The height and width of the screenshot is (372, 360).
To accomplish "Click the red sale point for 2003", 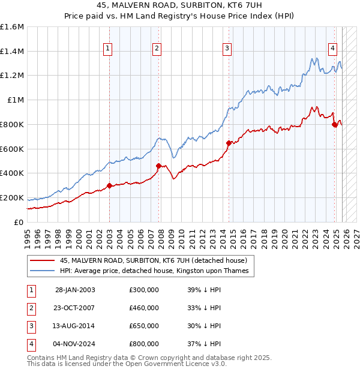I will point(109,185).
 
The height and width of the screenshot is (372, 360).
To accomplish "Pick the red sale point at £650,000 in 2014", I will point(229,143).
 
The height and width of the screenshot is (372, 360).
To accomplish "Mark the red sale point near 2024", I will point(334,124).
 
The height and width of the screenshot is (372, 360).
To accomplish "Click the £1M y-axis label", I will point(16,100).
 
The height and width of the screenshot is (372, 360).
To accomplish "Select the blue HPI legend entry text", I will point(157,271).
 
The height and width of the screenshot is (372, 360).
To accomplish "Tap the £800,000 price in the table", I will point(144,344).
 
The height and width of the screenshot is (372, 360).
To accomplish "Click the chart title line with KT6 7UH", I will point(180,6).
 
